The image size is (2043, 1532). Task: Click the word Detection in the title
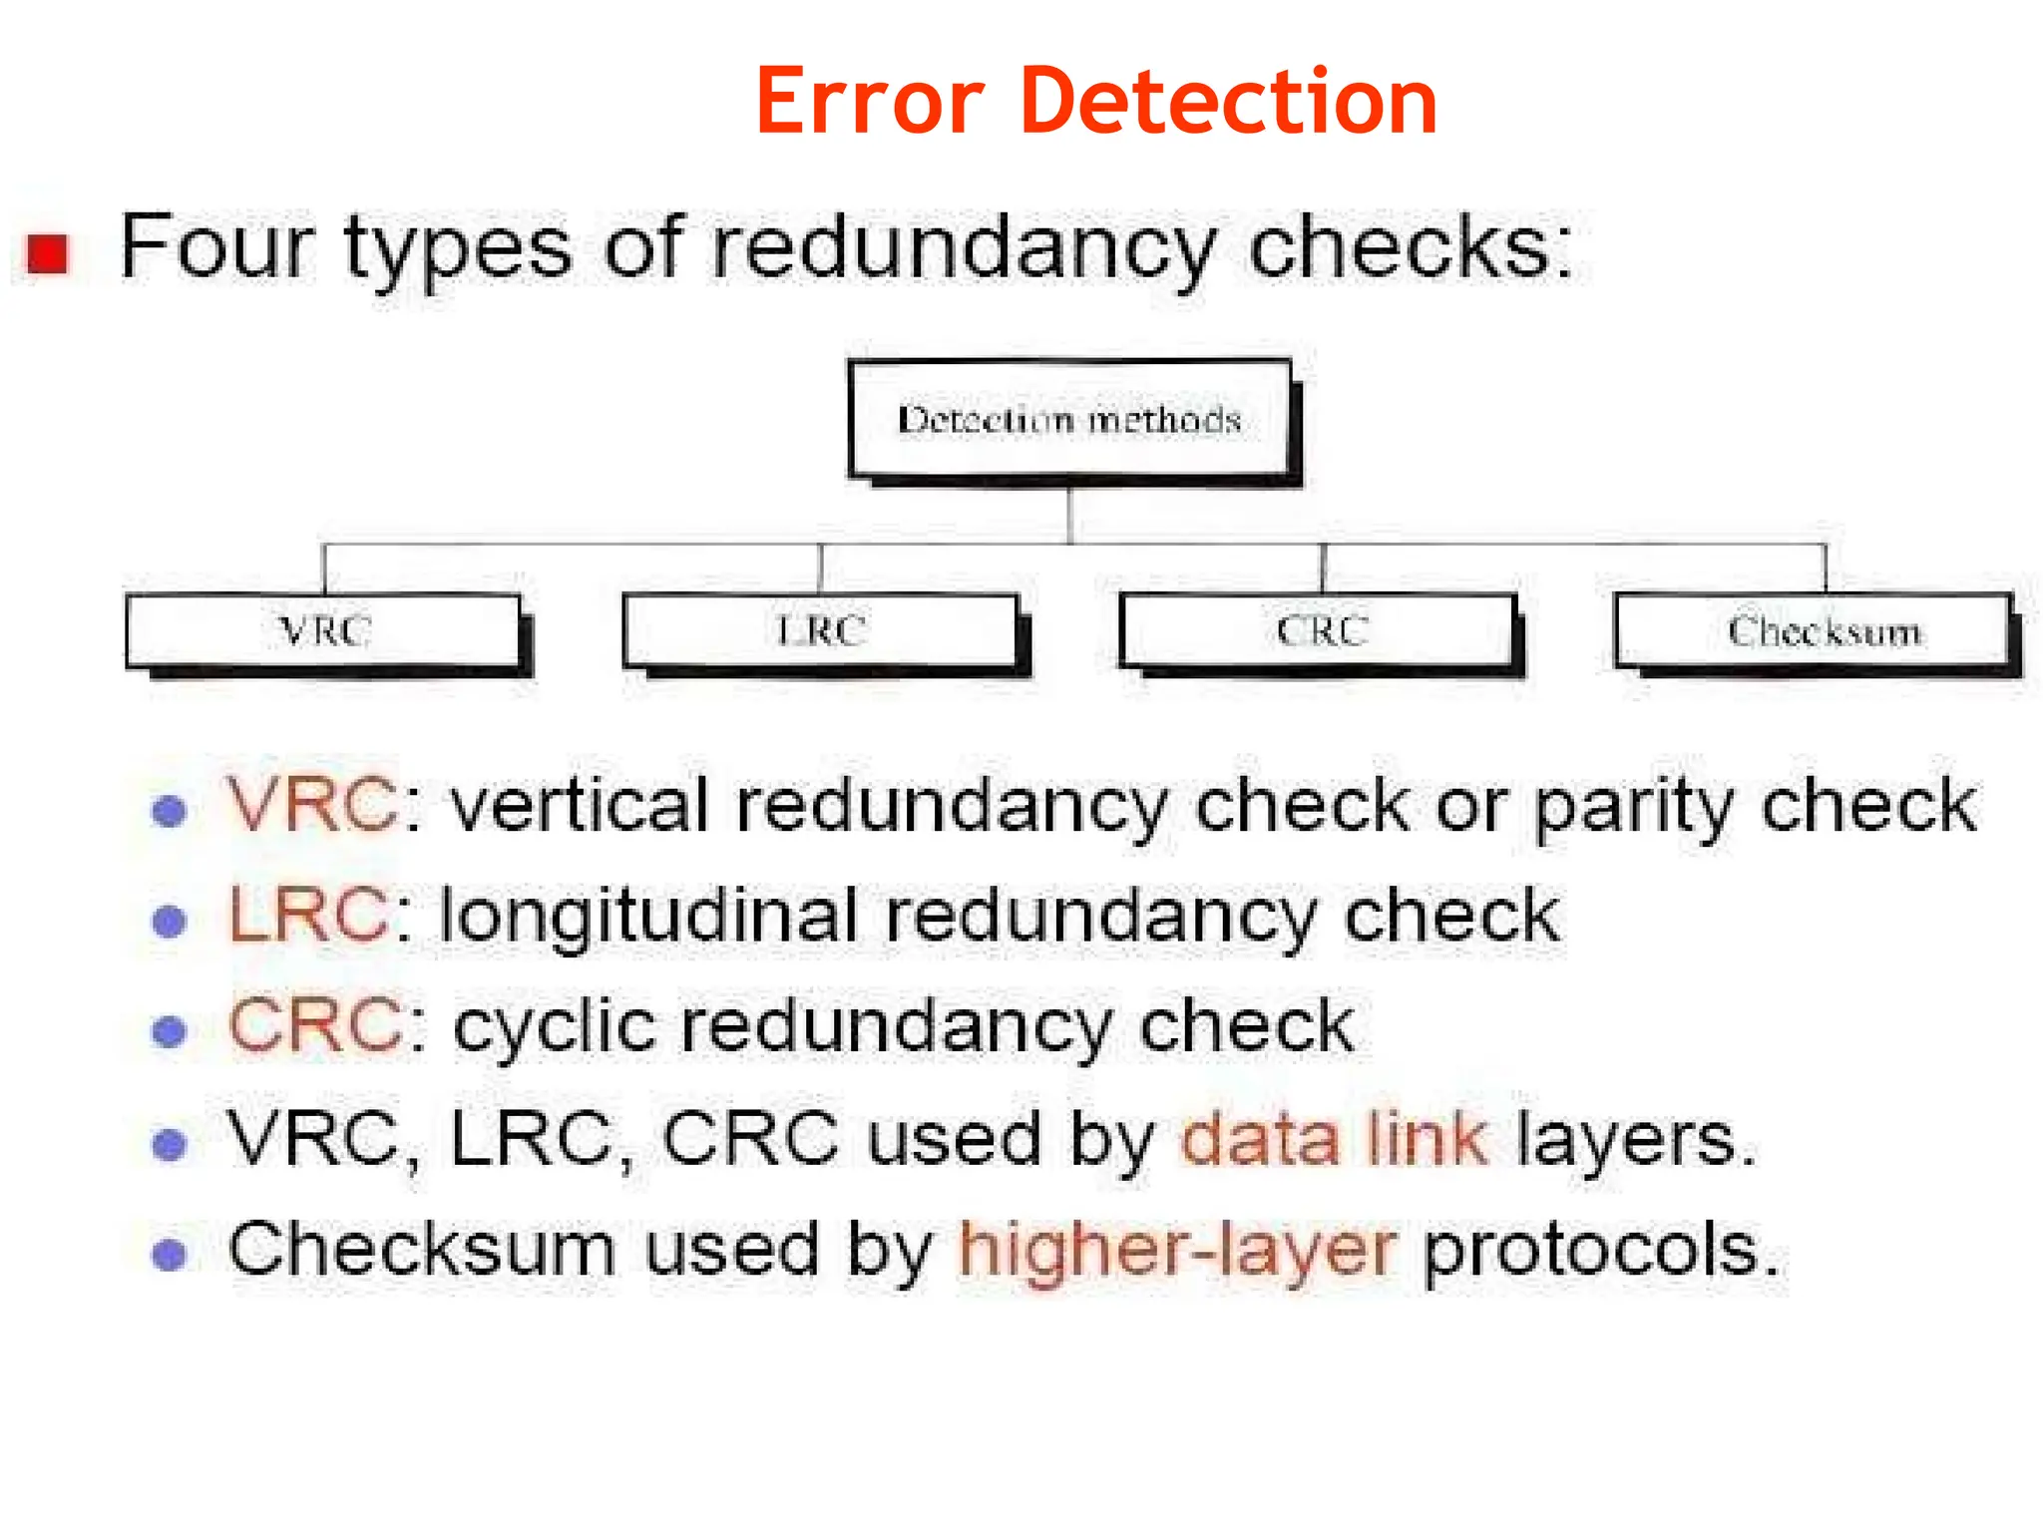click(x=1228, y=102)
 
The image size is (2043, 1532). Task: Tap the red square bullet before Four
click(x=48, y=253)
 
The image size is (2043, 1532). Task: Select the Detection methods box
click(x=1069, y=419)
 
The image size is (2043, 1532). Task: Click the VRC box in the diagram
click(x=323, y=630)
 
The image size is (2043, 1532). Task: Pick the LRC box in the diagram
click(x=820, y=630)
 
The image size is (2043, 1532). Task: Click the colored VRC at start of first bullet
click(x=311, y=804)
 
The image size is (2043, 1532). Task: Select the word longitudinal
click(x=648, y=916)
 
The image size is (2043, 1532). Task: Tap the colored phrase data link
click(x=1335, y=1138)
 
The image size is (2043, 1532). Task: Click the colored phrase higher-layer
click(x=1177, y=1250)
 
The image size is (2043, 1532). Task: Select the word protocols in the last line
click(x=1600, y=1250)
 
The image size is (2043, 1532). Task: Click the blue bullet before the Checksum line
click(x=170, y=1254)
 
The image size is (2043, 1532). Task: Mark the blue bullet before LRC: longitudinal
click(x=170, y=921)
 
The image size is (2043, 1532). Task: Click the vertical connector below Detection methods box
click(x=1069, y=515)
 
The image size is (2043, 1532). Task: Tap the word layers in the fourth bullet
click(x=1634, y=1138)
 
